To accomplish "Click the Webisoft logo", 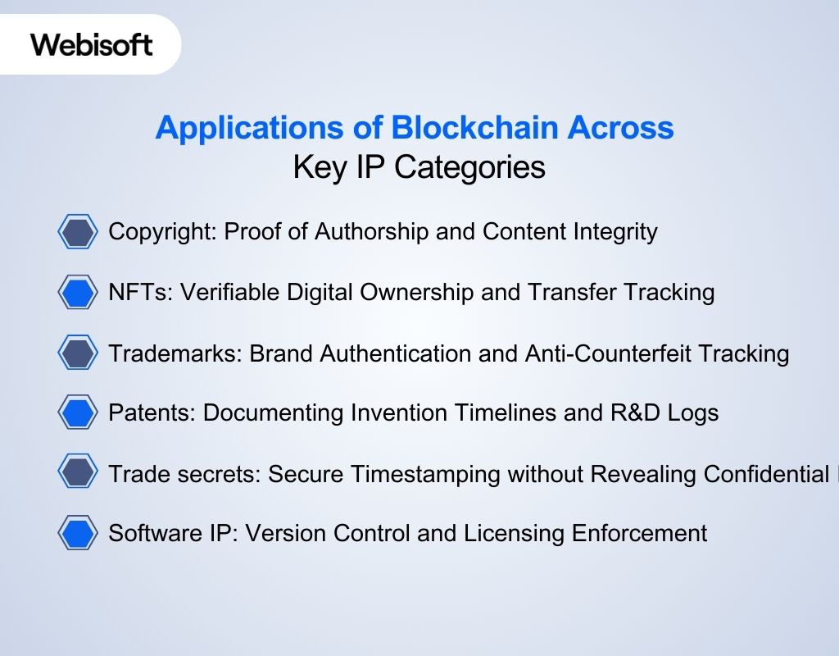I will (92, 43).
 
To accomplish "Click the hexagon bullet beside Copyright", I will (78, 232).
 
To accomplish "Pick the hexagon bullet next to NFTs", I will (78, 292).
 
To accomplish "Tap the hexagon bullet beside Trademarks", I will (78, 353).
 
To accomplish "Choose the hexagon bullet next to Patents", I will (78, 412).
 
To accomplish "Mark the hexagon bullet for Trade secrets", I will (78, 473).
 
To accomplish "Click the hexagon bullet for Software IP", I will (78, 534).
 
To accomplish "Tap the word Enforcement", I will (648, 534).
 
